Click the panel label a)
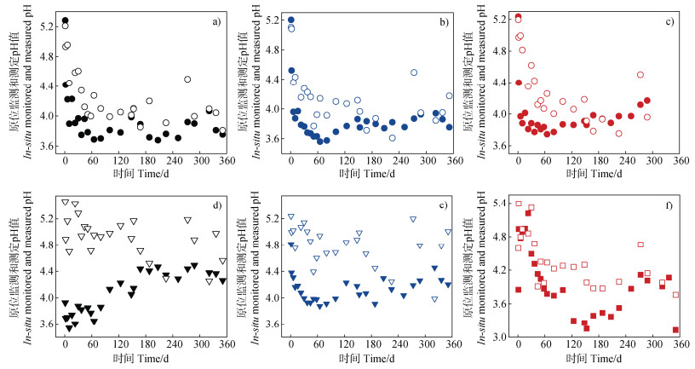(215, 21)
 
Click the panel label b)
(444, 21)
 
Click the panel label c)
(669, 21)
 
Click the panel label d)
(216, 205)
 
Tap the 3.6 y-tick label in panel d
(48, 325)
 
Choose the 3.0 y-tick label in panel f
(502, 337)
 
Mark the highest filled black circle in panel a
(66, 20)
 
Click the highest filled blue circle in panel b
(290, 20)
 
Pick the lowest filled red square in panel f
(675, 330)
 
